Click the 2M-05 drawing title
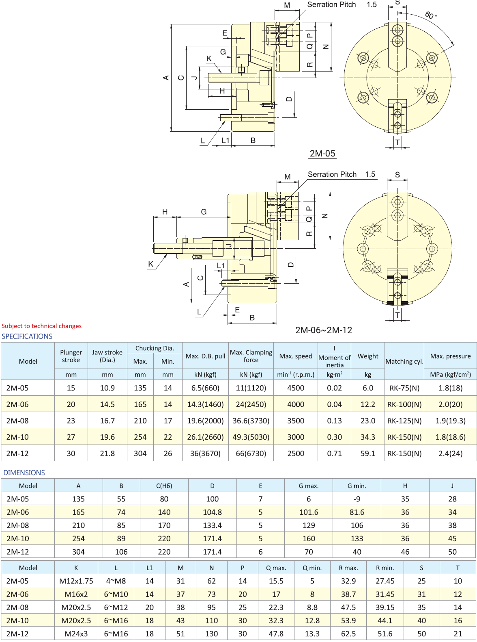click(x=322, y=154)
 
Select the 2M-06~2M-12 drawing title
click(x=324, y=330)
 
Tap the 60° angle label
click(x=431, y=15)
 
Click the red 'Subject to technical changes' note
click(x=41, y=326)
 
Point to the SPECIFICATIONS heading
click(x=27, y=336)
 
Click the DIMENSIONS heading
click(x=24, y=473)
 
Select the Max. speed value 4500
click(x=296, y=388)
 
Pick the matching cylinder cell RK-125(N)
click(x=404, y=421)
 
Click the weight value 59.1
click(x=368, y=453)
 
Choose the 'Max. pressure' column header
click(x=450, y=356)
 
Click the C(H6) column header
click(x=164, y=486)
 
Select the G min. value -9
click(x=357, y=499)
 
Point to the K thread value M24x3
click(x=76, y=634)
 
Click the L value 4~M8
click(x=116, y=581)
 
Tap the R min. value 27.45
click(x=385, y=581)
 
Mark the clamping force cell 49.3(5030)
click(x=251, y=437)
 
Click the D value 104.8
click(x=212, y=512)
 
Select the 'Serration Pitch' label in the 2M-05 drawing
click(x=331, y=4)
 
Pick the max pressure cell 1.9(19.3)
click(x=450, y=421)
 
